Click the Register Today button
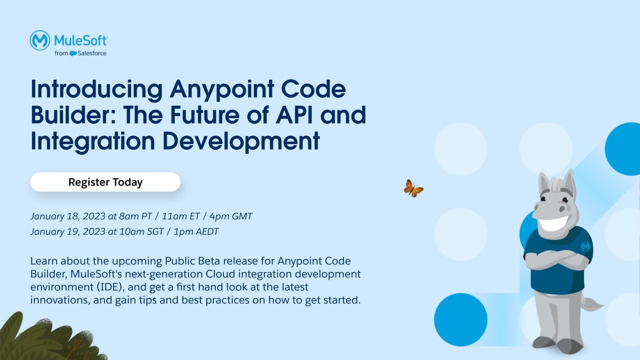tap(105, 182)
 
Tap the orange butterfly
tap(413, 188)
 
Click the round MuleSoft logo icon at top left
tap(40, 40)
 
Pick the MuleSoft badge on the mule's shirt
tap(585, 246)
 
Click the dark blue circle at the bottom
tap(460, 319)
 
